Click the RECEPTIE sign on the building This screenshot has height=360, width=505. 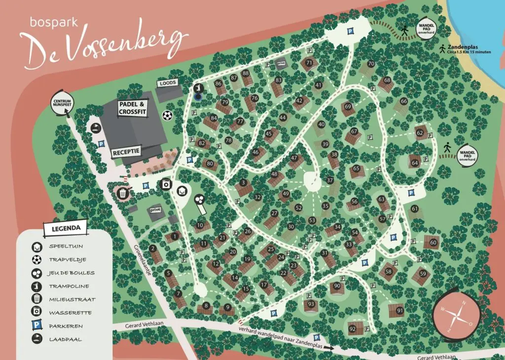click(126, 151)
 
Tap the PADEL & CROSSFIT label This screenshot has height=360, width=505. click(133, 108)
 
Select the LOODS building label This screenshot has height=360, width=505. click(168, 83)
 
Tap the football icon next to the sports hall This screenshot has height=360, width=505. click(168, 115)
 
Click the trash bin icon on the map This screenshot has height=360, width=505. click(122, 193)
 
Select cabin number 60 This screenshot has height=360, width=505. click(433, 243)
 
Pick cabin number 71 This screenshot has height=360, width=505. click(309, 63)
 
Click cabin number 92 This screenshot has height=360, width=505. click(352, 329)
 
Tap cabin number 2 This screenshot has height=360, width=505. click(153, 248)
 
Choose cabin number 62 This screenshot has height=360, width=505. click(420, 133)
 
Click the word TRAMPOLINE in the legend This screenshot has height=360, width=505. click(69, 286)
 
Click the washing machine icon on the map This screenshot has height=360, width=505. click(166, 184)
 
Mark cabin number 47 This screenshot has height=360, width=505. click(294, 158)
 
